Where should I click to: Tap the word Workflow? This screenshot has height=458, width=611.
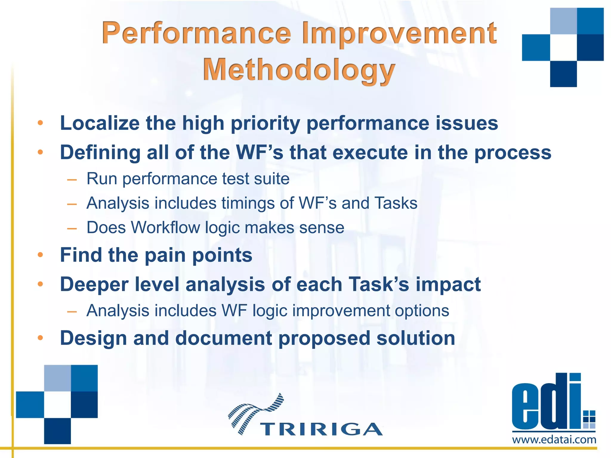[165, 228]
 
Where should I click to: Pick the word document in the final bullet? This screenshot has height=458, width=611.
[223, 338]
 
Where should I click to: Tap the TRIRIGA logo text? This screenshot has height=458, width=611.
[321, 429]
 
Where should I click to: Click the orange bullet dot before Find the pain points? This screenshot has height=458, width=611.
[41, 255]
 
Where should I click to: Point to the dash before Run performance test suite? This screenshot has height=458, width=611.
[72, 180]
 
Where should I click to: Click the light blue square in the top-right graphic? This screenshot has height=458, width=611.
[563, 21]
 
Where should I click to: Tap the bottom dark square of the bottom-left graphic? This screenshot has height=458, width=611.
[57, 431]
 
